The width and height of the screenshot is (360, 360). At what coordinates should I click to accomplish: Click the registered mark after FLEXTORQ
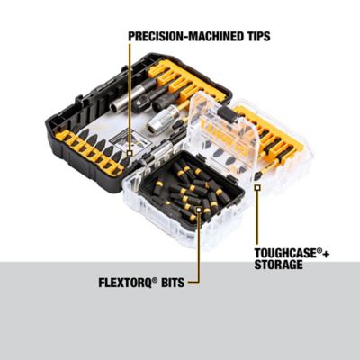point(155,279)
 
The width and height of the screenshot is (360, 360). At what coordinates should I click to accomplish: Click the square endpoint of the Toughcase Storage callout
point(257,188)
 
